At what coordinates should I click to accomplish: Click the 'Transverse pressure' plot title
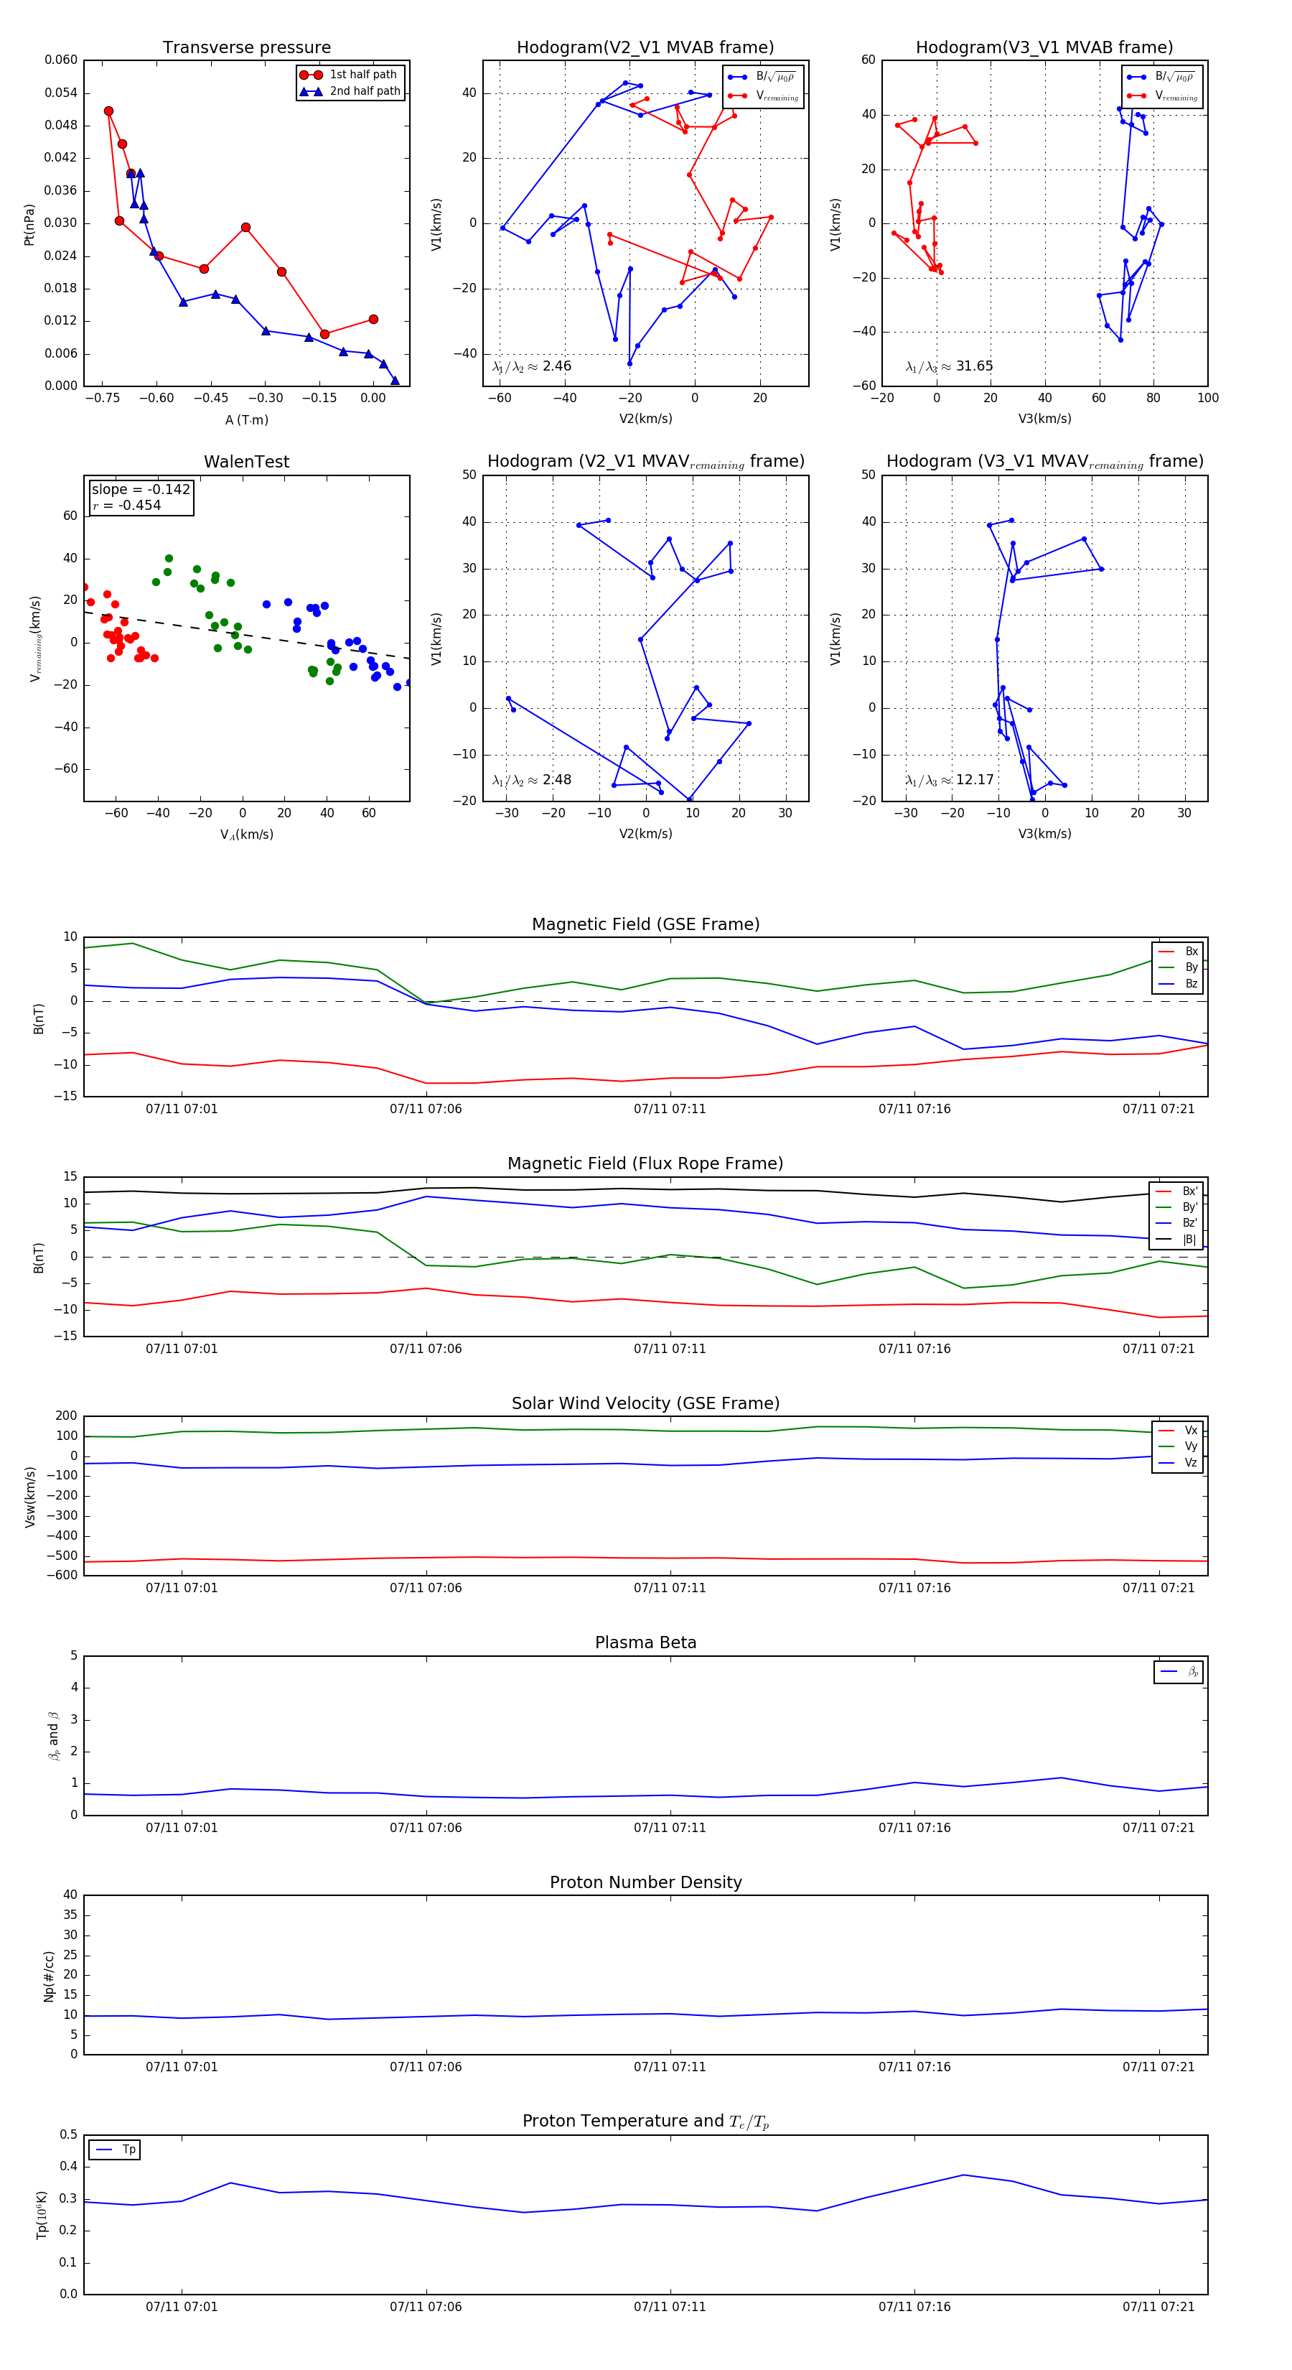point(246,48)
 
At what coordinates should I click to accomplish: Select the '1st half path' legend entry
point(362,75)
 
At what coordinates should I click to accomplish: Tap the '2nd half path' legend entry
point(364,91)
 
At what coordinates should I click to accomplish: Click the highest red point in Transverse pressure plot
point(108,111)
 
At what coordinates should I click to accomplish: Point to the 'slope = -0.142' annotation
point(141,490)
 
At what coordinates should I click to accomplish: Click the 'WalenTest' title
point(246,462)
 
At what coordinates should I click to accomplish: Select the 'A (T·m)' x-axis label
point(246,419)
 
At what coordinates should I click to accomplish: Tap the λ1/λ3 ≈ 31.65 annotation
point(949,366)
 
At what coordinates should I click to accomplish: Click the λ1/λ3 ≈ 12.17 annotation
point(949,780)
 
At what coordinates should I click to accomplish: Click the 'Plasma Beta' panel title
point(645,1642)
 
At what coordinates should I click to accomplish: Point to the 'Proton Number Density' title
point(645,1882)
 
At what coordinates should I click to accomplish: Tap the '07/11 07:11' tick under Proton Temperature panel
point(670,2307)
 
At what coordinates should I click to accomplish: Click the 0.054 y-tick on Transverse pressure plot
point(62,93)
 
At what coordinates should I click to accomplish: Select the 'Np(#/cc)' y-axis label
point(49,1976)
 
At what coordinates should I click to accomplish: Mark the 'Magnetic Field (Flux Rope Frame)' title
point(645,1164)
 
